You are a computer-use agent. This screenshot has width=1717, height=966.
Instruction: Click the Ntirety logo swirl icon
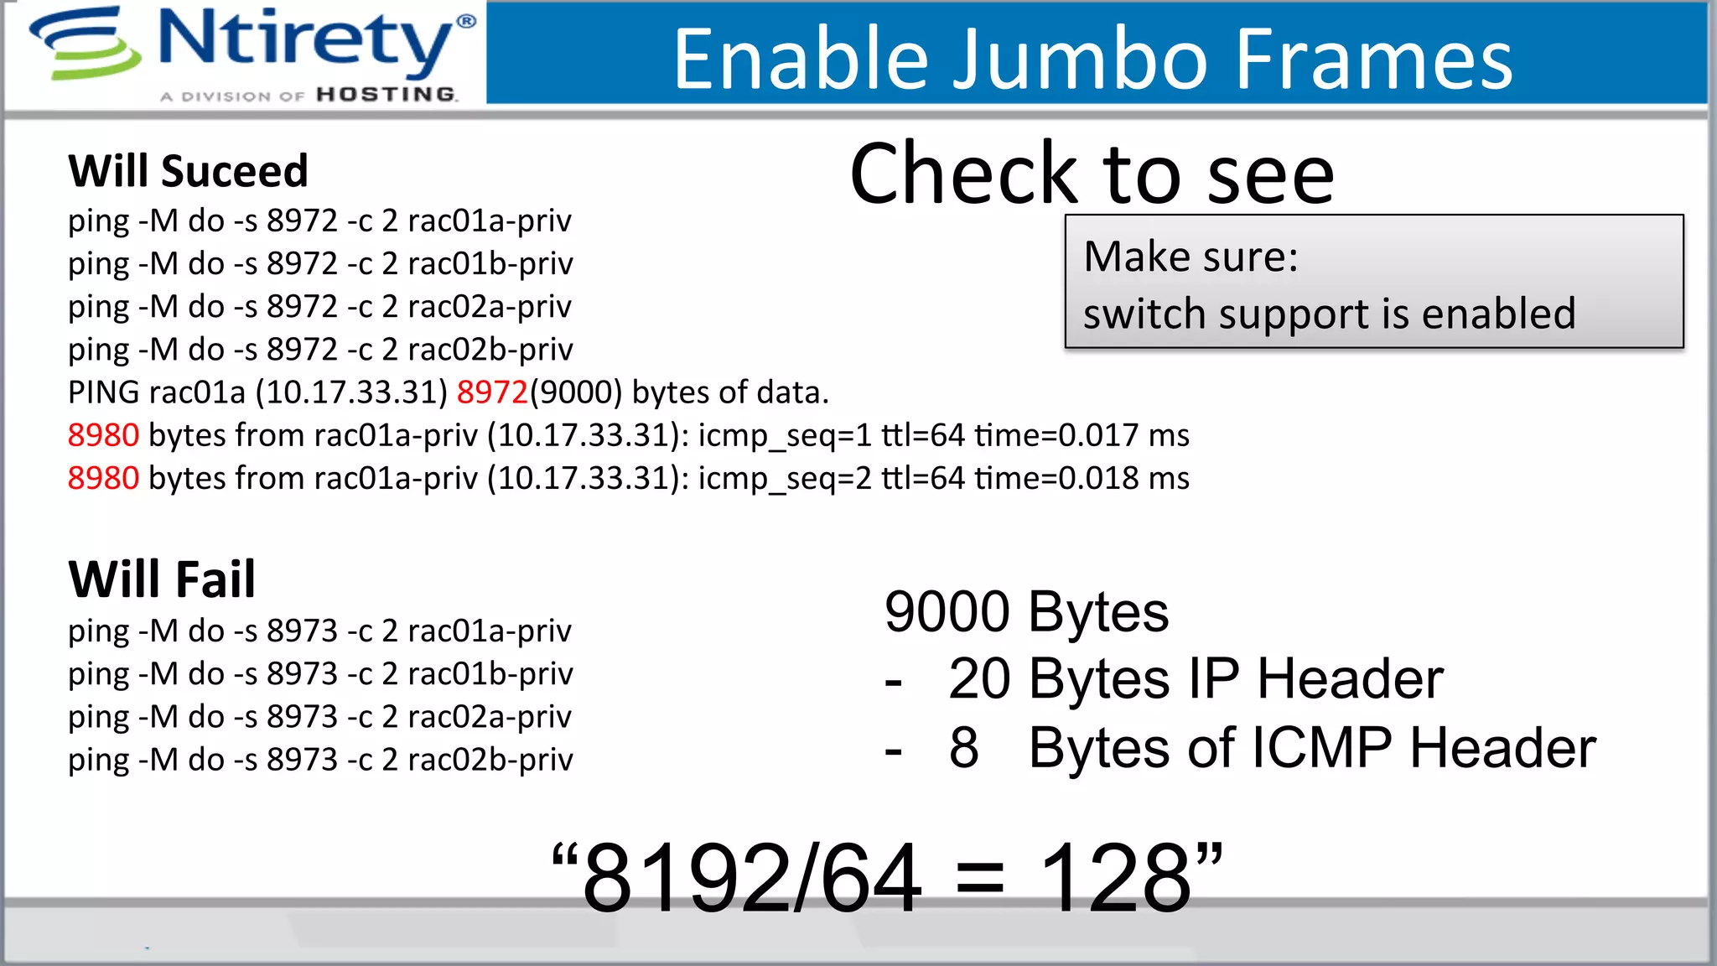point(85,44)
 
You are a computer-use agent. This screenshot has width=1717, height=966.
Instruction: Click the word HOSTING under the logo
point(386,95)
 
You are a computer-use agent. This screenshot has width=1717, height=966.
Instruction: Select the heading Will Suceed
point(189,172)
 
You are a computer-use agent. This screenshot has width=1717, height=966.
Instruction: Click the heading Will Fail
point(162,579)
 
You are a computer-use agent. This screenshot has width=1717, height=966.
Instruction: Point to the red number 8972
point(492,392)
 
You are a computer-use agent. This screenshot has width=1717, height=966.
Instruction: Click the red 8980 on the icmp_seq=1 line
point(103,435)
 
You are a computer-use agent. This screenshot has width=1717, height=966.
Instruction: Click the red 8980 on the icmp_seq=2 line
point(103,478)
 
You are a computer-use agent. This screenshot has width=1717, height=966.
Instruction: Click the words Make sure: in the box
point(1190,257)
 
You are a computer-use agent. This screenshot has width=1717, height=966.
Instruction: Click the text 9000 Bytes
point(1026,611)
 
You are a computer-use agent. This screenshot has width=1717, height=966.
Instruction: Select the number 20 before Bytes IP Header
point(979,678)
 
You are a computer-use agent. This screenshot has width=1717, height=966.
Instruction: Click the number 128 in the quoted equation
point(1115,878)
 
